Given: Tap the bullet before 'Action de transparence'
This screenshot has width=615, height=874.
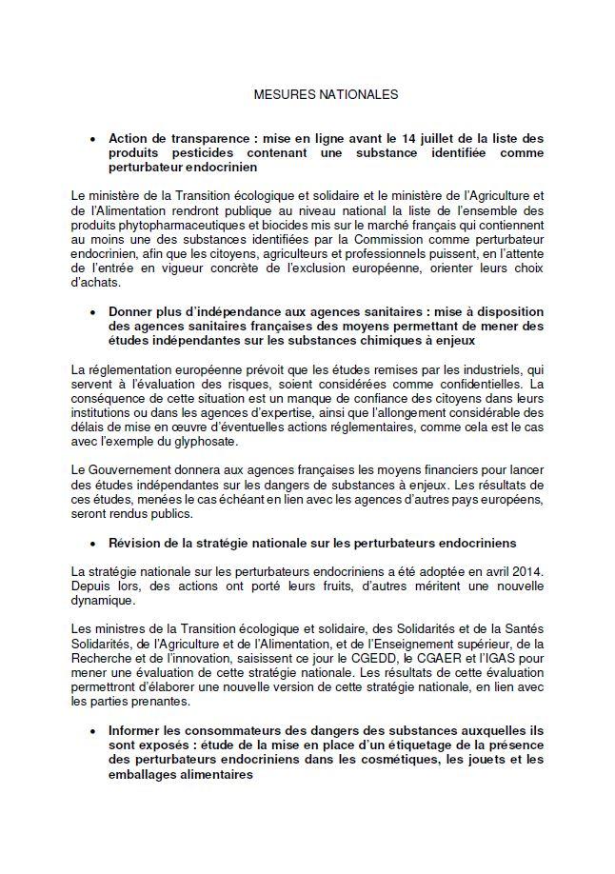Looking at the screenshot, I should click(x=92, y=139).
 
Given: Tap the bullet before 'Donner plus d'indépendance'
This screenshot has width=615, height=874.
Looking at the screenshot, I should click(x=92, y=311).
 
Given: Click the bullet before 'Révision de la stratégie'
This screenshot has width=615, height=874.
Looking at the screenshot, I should click(x=92, y=543).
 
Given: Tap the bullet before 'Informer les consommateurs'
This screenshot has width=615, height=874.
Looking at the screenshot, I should click(x=92, y=730).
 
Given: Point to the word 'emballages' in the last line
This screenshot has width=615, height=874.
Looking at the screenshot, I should click(x=146, y=774).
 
